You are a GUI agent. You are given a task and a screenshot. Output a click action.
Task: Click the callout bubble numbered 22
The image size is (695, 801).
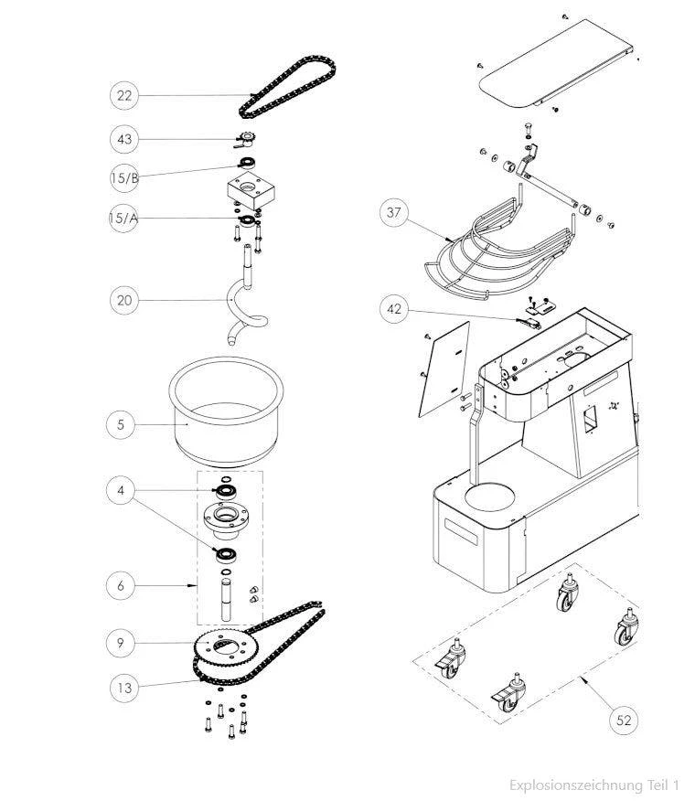pos(124,95)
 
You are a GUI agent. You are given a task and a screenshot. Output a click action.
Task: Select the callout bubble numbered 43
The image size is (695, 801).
pos(124,139)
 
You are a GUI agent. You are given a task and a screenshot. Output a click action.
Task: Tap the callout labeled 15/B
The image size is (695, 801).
pos(124,177)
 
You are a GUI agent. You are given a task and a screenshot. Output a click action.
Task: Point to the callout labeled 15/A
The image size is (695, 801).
pos(124,219)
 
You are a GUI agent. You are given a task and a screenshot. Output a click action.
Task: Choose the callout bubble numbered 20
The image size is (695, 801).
pos(124,299)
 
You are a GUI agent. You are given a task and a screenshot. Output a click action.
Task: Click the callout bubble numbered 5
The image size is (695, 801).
pos(120,423)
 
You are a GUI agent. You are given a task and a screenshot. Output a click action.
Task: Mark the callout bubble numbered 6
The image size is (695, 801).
pos(120,583)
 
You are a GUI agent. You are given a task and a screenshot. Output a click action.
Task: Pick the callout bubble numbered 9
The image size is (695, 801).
pos(120,643)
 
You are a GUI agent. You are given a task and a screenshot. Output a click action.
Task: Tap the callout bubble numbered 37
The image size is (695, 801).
pos(394,213)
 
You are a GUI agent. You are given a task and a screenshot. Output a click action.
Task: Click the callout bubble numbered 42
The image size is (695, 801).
pos(394,309)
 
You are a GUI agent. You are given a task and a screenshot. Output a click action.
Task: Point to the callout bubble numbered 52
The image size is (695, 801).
pos(624,720)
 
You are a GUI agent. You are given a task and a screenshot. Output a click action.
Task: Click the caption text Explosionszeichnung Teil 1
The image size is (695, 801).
pos(594,785)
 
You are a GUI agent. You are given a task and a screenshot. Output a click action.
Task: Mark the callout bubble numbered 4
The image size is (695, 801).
pos(120,491)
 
